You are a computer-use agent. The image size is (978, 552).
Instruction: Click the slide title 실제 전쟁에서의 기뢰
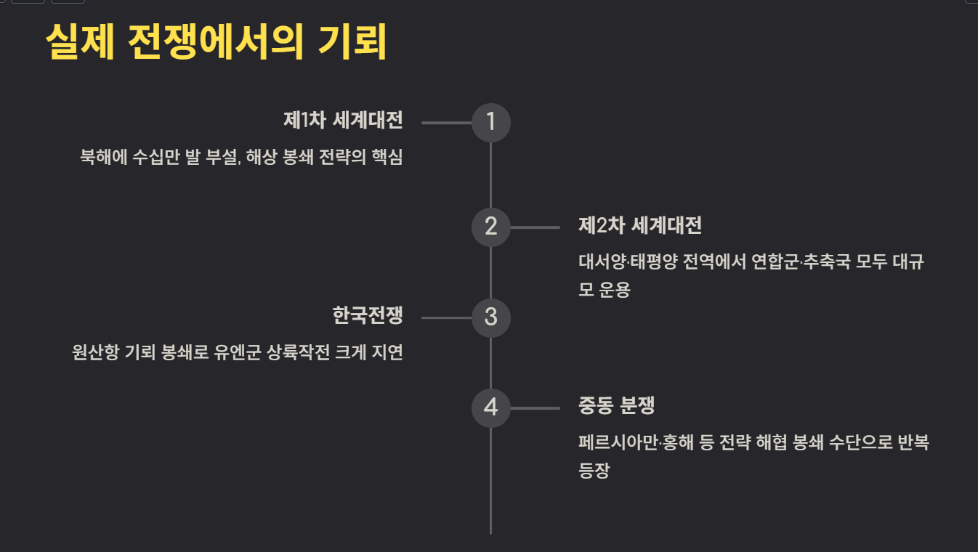(216, 43)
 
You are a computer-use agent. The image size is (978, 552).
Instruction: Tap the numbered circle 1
(491, 122)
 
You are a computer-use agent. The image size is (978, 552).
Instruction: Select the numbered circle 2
(491, 227)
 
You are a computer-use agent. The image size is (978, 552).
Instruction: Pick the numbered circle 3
(491, 317)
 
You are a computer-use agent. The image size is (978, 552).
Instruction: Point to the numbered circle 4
(491, 407)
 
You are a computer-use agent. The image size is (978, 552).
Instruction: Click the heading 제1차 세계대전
(343, 121)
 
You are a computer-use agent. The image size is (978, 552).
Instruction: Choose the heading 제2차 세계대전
(639, 225)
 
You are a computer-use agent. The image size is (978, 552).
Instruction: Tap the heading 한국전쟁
(367, 316)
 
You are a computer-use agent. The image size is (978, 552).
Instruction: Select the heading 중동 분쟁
(616, 406)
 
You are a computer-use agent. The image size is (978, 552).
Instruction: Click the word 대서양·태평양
(628, 262)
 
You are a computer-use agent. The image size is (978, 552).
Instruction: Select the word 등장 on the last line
(594, 471)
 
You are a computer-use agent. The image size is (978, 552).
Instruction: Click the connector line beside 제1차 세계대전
(446, 123)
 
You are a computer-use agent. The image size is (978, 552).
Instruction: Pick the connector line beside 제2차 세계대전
(535, 227)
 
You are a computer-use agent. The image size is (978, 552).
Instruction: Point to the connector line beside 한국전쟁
(446, 317)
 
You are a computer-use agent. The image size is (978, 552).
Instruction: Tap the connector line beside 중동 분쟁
(535, 408)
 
